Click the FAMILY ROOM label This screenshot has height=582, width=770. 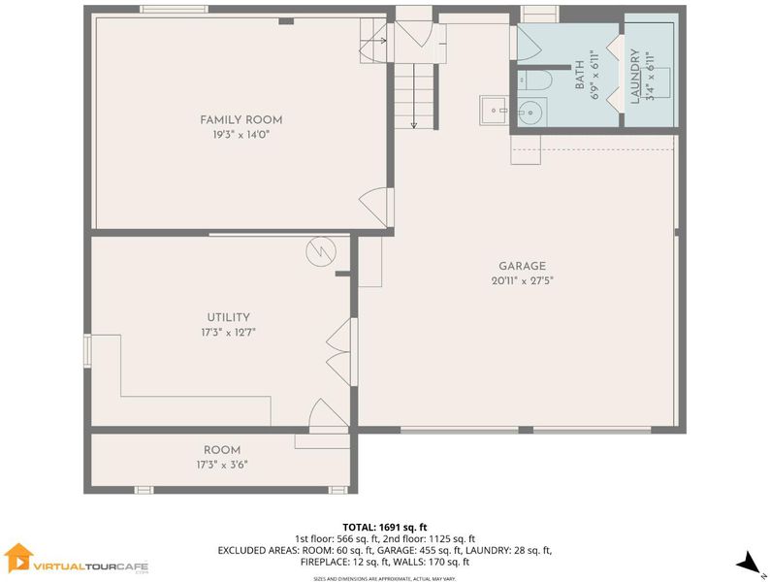241,120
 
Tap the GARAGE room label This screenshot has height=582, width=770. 522,266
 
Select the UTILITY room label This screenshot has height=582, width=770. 228,317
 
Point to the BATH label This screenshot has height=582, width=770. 580,75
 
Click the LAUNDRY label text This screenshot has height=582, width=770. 635,76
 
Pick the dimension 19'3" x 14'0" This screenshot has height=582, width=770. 241,135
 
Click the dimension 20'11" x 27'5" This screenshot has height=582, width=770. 522,281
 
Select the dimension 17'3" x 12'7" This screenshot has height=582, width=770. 228,333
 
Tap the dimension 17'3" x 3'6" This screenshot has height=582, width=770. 222,465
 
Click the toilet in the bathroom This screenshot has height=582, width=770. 535,81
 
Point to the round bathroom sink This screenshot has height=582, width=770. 531,113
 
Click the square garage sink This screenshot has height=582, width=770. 494,111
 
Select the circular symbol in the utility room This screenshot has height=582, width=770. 321,252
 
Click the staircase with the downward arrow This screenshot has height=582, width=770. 415,96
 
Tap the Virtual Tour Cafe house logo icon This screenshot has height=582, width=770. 18,558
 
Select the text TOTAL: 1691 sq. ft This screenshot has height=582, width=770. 384,528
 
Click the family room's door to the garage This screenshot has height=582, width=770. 376,208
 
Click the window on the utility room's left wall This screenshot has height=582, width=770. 87,351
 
